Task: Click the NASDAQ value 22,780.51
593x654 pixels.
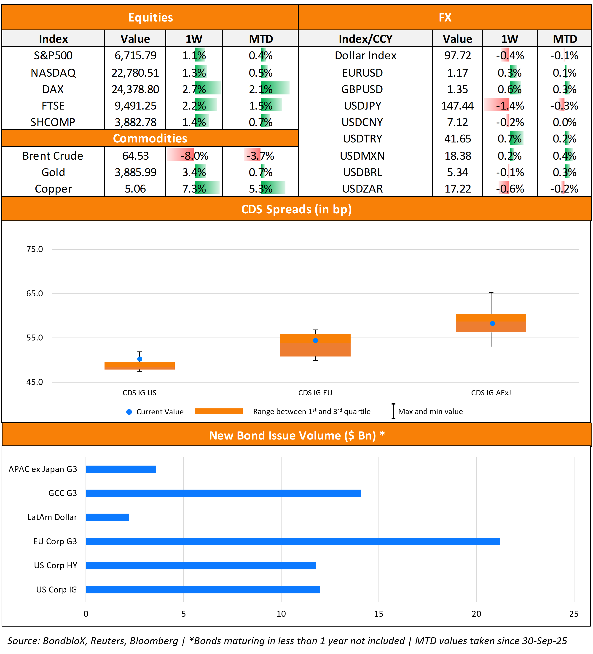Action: (x=135, y=73)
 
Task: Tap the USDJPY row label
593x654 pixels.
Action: (x=362, y=106)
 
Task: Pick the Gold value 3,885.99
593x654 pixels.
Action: (x=135, y=172)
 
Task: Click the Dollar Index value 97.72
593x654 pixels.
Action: (x=457, y=56)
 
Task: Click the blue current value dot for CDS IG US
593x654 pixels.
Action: (x=140, y=359)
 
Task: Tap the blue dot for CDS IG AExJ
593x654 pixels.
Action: (x=492, y=323)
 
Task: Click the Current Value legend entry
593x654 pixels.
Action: (x=155, y=412)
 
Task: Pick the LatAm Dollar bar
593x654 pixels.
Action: (x=107, y=517)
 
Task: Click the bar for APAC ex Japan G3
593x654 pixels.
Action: (x=121, y=469)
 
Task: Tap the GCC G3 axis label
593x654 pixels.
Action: (x=63, y=493)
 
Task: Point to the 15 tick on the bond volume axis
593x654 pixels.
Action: (x=378, y=614)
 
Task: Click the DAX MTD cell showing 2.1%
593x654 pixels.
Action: (x=260, y=89)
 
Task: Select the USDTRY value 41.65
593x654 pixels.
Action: (x=457, y=139)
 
